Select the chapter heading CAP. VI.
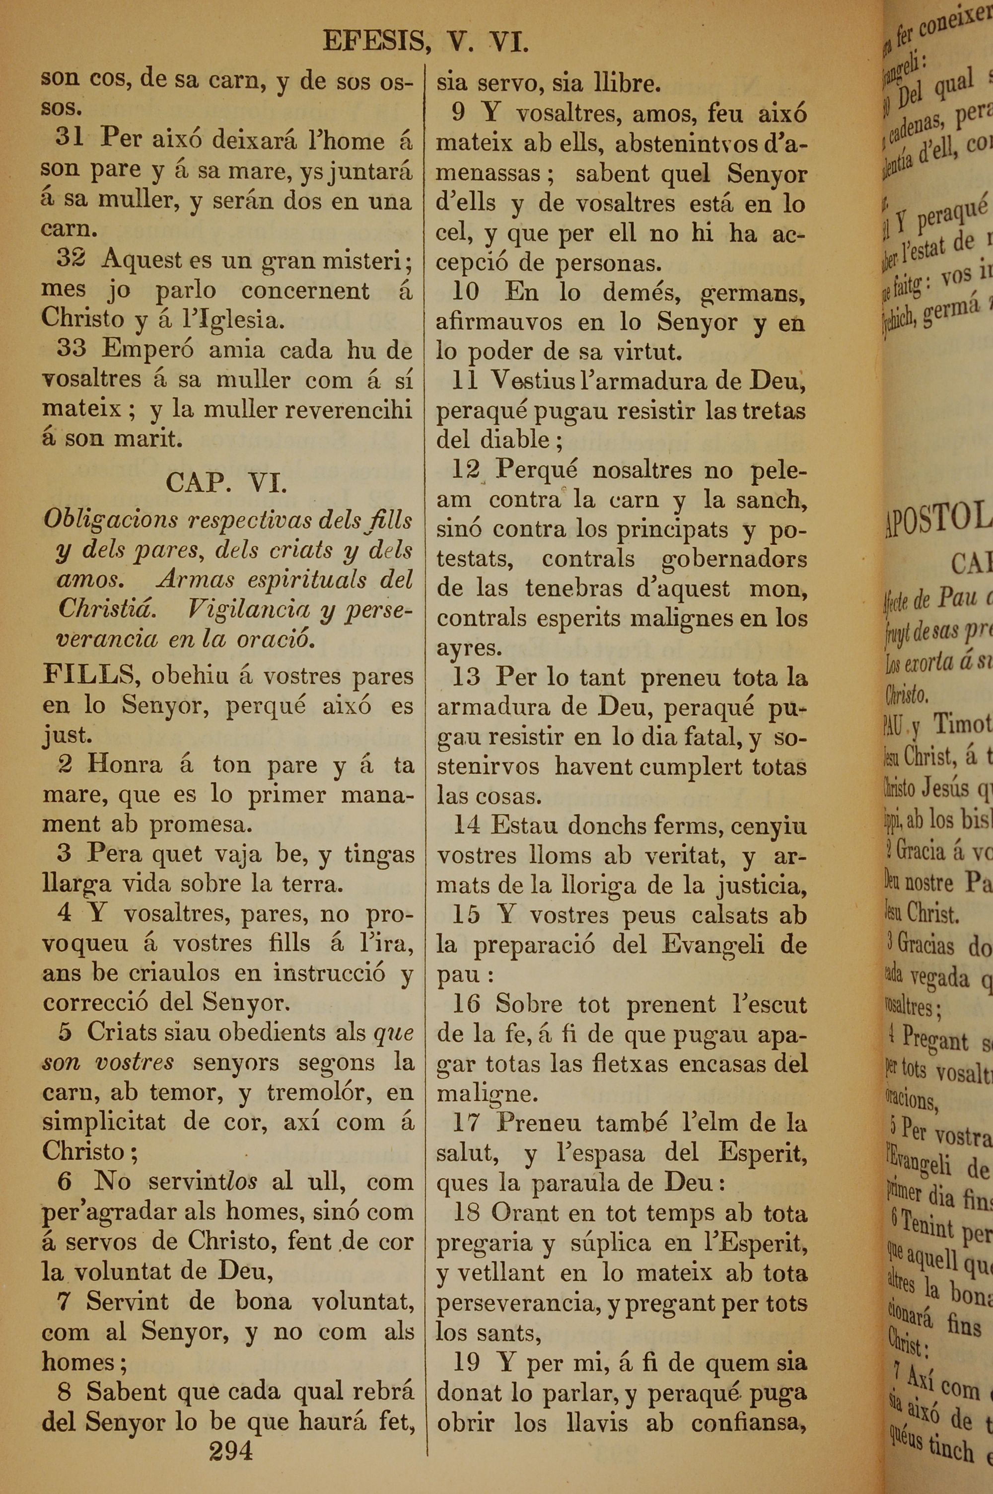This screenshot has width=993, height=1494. (x=226, y=484)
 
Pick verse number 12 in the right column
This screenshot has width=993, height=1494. (x=466, y=470)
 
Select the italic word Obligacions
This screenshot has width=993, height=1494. (x=111, y=520)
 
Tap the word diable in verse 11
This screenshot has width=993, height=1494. (x=515, y=439)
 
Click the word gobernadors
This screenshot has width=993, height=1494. (x=734, y=559)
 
